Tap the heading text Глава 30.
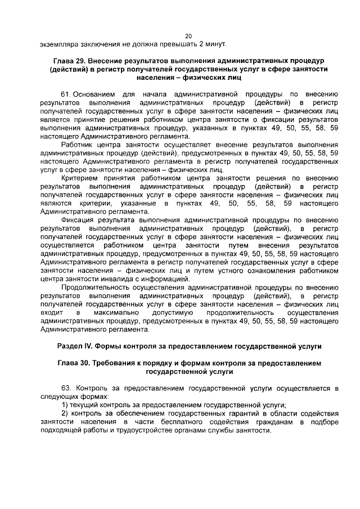(76, 363)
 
